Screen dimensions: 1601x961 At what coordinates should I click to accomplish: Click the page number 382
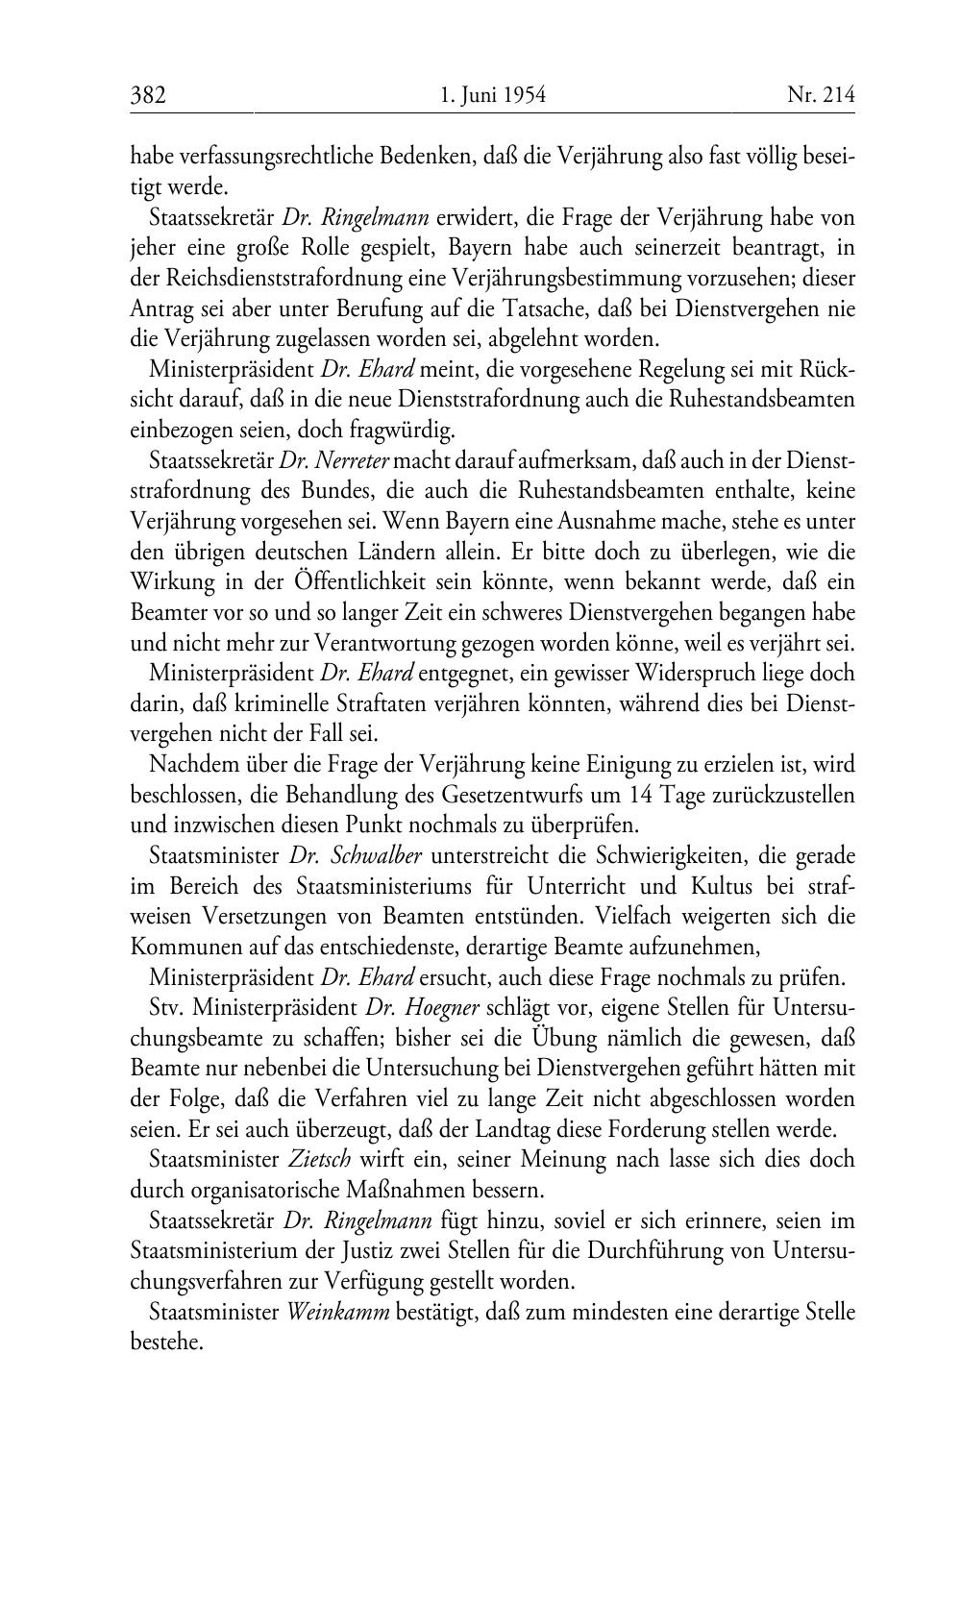pos(149,94)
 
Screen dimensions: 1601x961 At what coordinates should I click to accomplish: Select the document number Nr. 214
pos(820,94)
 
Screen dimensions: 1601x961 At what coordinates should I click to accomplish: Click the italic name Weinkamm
pos(338,1313)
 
